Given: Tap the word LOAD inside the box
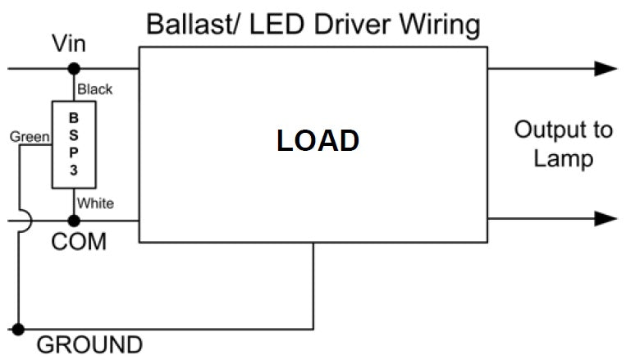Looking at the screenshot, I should click(x=318, y=140).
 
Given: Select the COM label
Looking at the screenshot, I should click(x=79, y=243).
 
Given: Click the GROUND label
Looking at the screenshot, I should click(x=89, y=344).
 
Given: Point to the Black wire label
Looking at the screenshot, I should click(x=94, y=89).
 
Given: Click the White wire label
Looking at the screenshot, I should click(x=95, y=203).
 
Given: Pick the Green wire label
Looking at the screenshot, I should click(x=29, y=136).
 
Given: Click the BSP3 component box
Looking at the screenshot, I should click(x=73, y=145).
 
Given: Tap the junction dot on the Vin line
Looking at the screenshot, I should click(x=74, y=69).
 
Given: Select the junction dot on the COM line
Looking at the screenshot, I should click(x=74, y=220).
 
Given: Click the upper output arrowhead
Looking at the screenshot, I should click(x=605, y=69).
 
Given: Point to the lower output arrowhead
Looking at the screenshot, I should click(x=605, y=218).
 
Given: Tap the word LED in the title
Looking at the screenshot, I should click(x=270, y=24).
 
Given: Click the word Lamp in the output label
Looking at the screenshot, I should click(x=563, y=157).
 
